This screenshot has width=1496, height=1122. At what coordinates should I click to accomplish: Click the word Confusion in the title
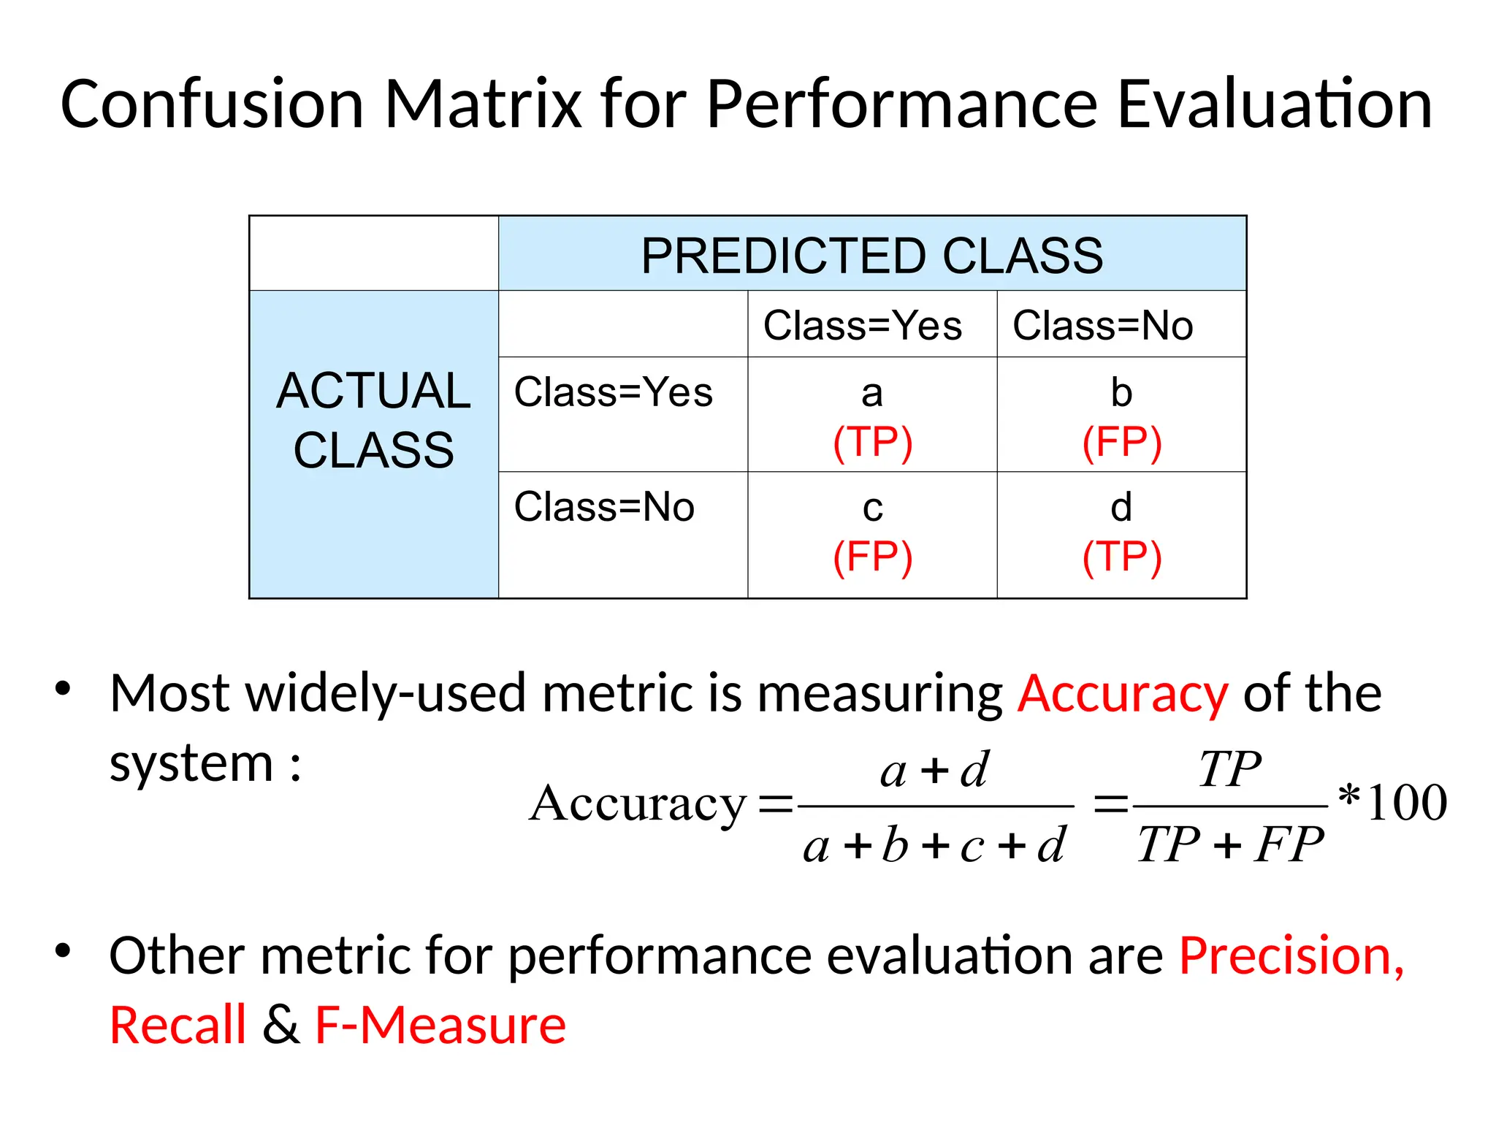212,104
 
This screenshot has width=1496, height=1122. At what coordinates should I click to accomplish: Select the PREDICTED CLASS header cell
872,255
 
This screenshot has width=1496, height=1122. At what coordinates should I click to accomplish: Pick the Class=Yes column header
863,325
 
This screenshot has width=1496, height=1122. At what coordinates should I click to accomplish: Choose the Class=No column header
1102,325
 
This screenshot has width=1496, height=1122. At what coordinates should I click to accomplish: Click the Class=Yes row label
613,392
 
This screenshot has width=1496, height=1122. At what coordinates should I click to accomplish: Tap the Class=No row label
604,507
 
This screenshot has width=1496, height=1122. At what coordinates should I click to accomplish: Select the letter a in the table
872,394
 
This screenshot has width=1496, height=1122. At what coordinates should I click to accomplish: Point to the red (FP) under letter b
1122,442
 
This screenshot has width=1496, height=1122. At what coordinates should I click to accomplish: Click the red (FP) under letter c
873,557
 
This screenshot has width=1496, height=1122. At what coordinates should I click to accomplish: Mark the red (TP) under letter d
1122,557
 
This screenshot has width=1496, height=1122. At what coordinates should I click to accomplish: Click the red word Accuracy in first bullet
1123,693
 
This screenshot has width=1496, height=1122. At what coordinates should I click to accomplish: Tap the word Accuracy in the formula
638,804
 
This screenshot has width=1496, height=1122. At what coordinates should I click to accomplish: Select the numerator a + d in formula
934,770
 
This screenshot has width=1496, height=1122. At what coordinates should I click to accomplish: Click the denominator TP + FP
1230,844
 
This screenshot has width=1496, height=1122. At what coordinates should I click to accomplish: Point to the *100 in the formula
1392,802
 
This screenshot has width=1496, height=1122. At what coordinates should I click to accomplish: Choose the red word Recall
178,1025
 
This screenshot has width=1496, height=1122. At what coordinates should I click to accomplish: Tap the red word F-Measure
440,1025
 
